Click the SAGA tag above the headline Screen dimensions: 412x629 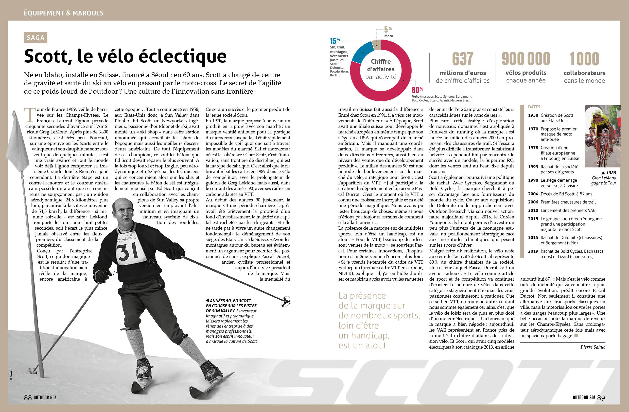(x=36, y=38)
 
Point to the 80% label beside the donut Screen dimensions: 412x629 (x=417, y=90)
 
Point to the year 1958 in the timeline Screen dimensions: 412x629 (x=533, y=115)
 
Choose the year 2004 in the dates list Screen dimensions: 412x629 (x=533, y=194)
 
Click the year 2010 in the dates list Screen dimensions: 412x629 (x=533, y=211)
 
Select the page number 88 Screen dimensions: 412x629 (x=28, y=398)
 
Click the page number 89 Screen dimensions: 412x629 (x=601, y=398)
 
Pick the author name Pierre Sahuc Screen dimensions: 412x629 (x=592, y=347)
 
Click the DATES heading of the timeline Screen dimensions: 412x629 (x=534, y=107)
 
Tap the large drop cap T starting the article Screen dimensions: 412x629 (x=29, y=114)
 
